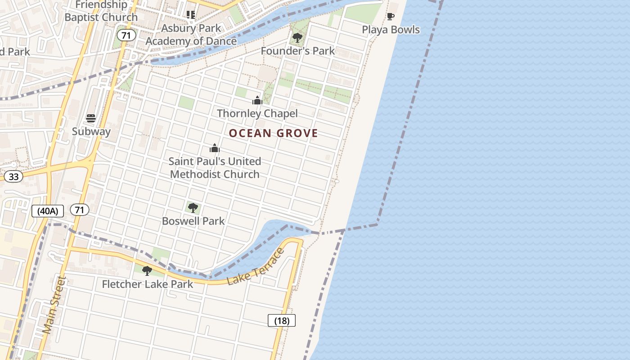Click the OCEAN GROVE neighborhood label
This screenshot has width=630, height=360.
[273, 133]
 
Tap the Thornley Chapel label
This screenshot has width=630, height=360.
[257, 113]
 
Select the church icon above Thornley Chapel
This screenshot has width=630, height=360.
[257, 100]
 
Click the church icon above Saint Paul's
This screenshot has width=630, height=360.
[215, 148]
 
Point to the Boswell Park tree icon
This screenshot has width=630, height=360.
[193, 208]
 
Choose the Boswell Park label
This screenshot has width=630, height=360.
[193, 221]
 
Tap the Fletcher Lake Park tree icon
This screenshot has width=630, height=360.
[147, 271]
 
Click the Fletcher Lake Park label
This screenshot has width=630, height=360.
[147, 284]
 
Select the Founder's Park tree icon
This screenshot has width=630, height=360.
[297, 38]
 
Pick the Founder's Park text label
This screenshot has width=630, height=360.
[298, 51]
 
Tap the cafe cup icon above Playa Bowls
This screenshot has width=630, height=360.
[391, 17]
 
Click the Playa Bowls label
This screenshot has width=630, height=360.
[391, 30]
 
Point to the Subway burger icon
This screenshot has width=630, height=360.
[91, 118]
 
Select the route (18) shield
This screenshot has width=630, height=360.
[282, 321]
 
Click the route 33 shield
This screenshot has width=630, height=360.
[13, 176]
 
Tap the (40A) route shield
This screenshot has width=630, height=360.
[48, 211]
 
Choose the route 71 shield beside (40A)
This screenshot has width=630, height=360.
[80, 210]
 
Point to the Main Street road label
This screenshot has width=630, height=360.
[54, 305]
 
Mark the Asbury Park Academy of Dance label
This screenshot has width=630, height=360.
[191, 35]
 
